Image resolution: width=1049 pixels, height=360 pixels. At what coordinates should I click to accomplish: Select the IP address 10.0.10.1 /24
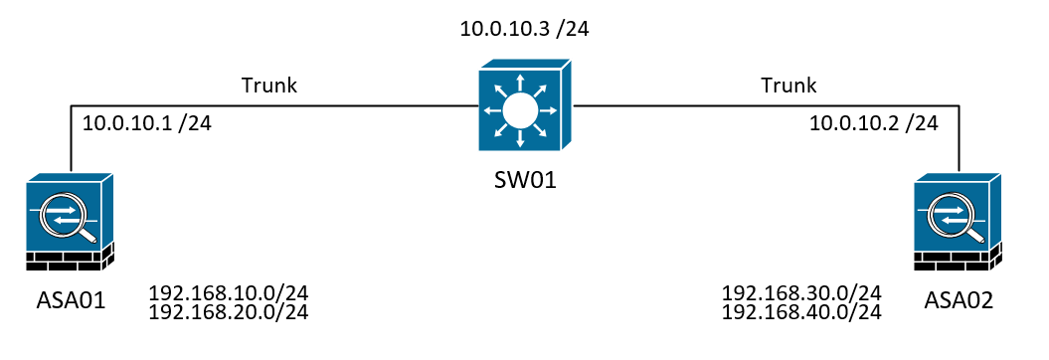[146, 123]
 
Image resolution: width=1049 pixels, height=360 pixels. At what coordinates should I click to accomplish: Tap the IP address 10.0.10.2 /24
[874, 123]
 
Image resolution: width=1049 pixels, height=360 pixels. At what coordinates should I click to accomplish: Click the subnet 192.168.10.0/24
[228, 294]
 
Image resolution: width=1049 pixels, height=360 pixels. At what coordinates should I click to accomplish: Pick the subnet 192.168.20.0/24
[228, 312]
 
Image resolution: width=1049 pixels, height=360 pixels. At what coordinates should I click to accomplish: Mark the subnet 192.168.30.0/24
[801, 293]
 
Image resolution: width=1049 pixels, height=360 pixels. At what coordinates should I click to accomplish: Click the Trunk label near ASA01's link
[269, 86]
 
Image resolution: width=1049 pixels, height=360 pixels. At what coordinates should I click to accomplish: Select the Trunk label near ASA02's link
[788, 86]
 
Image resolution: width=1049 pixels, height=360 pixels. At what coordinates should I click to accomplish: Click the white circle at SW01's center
[517, 108]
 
